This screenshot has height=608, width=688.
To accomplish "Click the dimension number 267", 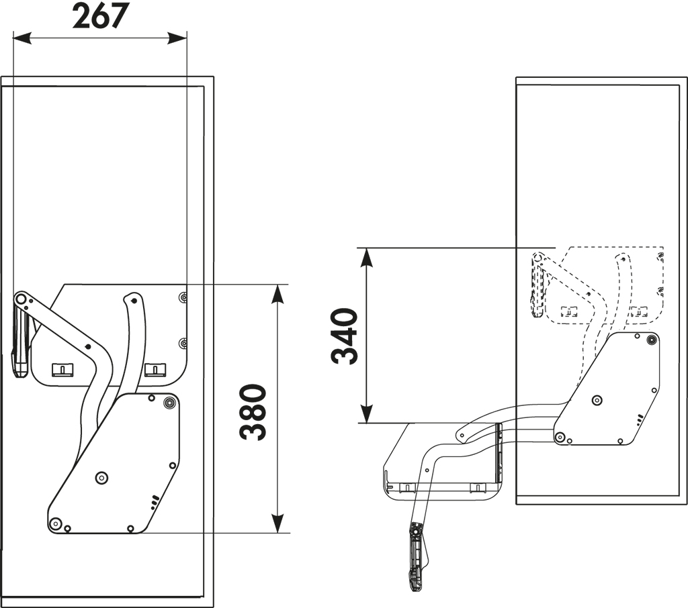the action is tap(99, 15).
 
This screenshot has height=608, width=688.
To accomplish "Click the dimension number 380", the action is tap(253, 412).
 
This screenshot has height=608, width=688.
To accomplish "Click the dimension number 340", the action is tap(345, 336).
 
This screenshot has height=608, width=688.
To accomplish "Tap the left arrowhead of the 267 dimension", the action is tap(22, 38).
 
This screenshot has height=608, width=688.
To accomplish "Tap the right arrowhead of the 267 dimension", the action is tap(177, 38).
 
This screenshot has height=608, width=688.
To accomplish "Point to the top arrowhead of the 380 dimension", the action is tap(277, 294).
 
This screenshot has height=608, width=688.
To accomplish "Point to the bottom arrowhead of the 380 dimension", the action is tap(277, 523).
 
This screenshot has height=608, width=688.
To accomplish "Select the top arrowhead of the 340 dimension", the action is tap(367, 257).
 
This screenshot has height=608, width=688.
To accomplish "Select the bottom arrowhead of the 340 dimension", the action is tap(367, 413).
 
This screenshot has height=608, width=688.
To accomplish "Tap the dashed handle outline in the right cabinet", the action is tap(537, 287).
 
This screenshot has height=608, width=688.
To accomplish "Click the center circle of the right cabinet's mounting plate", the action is tap(597, 400).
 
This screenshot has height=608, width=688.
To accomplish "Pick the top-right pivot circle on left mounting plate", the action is tap(169, 403).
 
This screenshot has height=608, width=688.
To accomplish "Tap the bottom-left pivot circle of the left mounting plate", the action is tap(55, 523).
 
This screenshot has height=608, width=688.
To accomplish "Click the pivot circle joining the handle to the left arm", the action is tap(19, 299).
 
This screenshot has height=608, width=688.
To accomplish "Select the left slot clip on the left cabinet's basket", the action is tap(62, 370).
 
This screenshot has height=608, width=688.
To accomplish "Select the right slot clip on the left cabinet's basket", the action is tap(156, 370).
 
